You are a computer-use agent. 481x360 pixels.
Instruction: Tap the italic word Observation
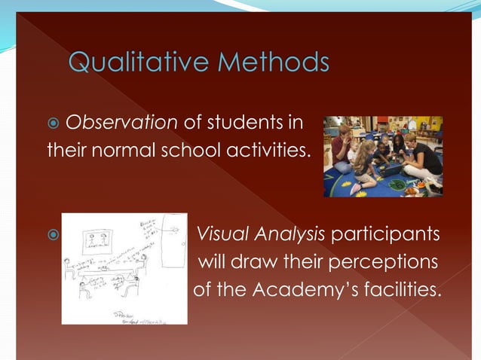(122, 124)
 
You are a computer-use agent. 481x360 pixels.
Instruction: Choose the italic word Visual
(221, 233)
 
